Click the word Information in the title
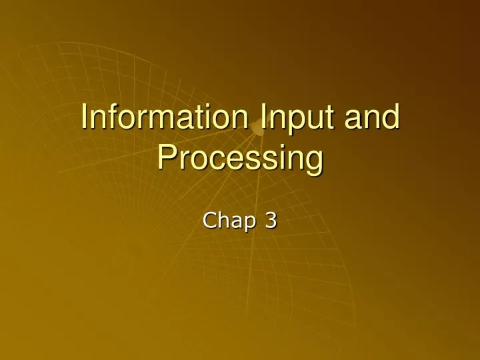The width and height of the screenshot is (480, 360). click(x=165, y=117)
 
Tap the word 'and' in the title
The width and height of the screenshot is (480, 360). click(x=372, y=117)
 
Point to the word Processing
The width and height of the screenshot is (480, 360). click(x=240, y=161)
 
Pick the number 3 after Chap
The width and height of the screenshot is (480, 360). click(x=271, y=221)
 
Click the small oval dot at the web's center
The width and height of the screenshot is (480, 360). click(x=258, y=128)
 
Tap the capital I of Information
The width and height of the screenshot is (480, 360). click(x=84, y=117)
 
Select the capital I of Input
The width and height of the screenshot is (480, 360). click(x=263, y=117)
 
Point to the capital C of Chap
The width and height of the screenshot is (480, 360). click(x=209, y=221)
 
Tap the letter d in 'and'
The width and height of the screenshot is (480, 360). click(x=391, y=117)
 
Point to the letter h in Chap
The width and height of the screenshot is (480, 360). click(x=225, y=220)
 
